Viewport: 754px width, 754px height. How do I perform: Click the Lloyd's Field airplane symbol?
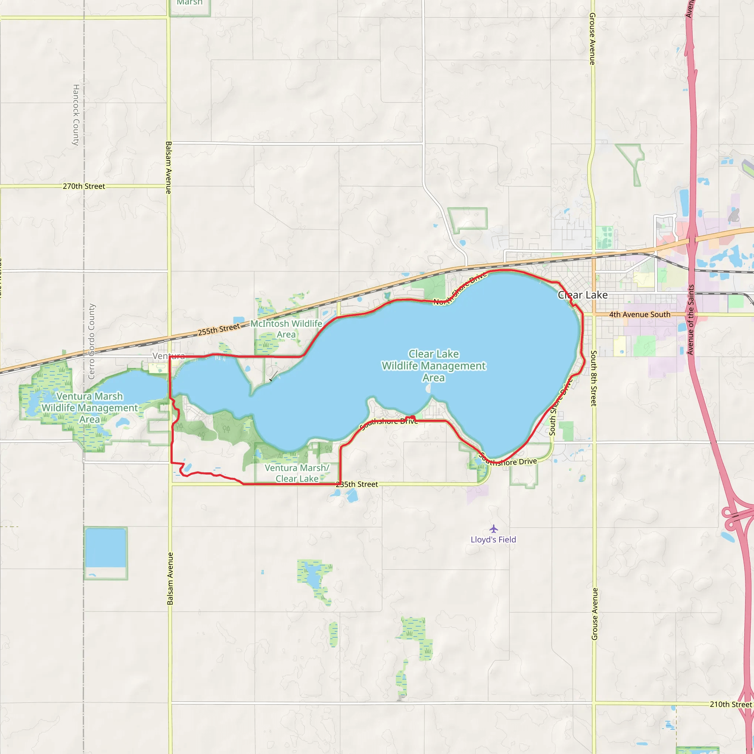(x=494, y=529)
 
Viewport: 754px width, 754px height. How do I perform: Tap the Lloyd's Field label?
(x=493, y=540)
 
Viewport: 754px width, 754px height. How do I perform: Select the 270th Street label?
(x=84, y=186)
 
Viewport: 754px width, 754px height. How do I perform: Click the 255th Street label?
(x=219, y=330)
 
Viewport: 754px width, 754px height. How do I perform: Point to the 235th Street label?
(x=357, y=485)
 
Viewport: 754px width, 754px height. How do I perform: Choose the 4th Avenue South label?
(x=640, y=314)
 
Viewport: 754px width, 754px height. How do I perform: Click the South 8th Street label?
(x=593, y=378)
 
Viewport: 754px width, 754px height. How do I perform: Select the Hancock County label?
(x=76, y=115)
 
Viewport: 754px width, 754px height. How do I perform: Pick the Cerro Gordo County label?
(x=92, y=342)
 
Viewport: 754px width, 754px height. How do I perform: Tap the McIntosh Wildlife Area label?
(x=286, y=329)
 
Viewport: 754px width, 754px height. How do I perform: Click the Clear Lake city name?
(x=583, y=295)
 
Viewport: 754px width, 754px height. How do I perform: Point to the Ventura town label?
(x=169, y=356)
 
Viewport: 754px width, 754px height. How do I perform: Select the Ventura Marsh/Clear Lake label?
(x=297, y=473)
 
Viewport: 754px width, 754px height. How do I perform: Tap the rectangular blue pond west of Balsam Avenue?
(x=105, y=547)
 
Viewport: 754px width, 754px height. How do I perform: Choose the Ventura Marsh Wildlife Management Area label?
(x=90, y=408)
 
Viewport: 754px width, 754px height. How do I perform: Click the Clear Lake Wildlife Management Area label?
(x=434, y=366)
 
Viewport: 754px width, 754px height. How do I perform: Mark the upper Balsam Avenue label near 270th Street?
(x=169, y=168)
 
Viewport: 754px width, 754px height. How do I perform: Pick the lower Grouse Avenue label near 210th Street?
(x=594, y=614)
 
